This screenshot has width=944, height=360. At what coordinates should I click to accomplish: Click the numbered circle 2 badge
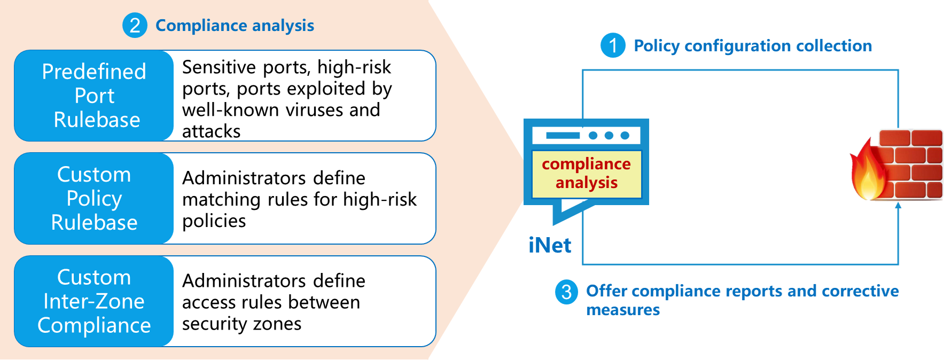click(x=135, y=25)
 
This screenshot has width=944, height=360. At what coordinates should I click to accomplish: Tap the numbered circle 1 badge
click(x=613, y=45)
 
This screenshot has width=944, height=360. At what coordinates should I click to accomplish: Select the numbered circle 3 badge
click(x=566, y=292)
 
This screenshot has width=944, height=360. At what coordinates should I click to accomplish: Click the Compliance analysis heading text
click(x=235, y=25)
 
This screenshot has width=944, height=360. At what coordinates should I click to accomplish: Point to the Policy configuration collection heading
click(x=752, y=46)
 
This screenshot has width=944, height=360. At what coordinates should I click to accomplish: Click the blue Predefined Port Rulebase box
click(x=94, y=96)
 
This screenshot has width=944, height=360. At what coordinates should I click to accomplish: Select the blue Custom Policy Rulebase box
click(x=94, y=198)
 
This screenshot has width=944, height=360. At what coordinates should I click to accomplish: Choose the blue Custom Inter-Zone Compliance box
click(x=94, y=301)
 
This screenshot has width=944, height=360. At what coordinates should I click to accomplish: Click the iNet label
click(x=549, y=245)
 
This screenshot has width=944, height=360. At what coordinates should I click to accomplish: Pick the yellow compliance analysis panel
click(x=586, y=174)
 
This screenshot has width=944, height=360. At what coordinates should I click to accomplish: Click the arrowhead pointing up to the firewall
click(x=898, y=205)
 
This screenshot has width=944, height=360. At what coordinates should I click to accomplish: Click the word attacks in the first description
click(x=211, y=131)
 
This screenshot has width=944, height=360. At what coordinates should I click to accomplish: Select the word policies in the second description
click(x=214, y=221)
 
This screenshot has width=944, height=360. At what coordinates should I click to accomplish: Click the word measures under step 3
click(x=622, y=310)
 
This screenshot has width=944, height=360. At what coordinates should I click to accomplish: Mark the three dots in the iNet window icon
click(x=608, y=135)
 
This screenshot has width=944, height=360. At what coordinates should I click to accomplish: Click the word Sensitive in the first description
click(x=219, y=67)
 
